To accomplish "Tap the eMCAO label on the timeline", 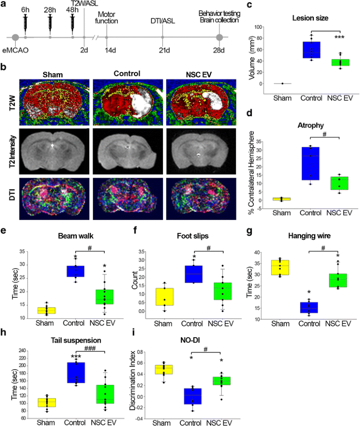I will pyautogui.click(x=16, y=50).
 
